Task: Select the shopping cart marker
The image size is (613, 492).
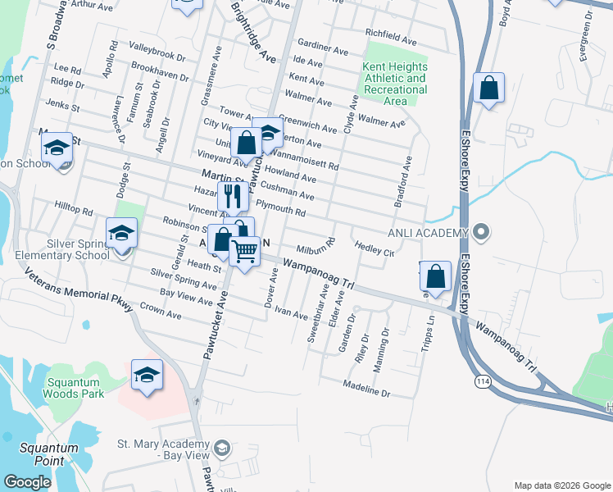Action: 244,251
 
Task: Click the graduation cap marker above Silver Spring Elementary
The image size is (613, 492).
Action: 121,233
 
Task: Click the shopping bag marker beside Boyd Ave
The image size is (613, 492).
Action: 488,89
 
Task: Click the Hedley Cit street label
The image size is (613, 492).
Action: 375,248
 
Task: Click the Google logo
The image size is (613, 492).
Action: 27,482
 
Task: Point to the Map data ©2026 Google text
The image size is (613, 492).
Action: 561,485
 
